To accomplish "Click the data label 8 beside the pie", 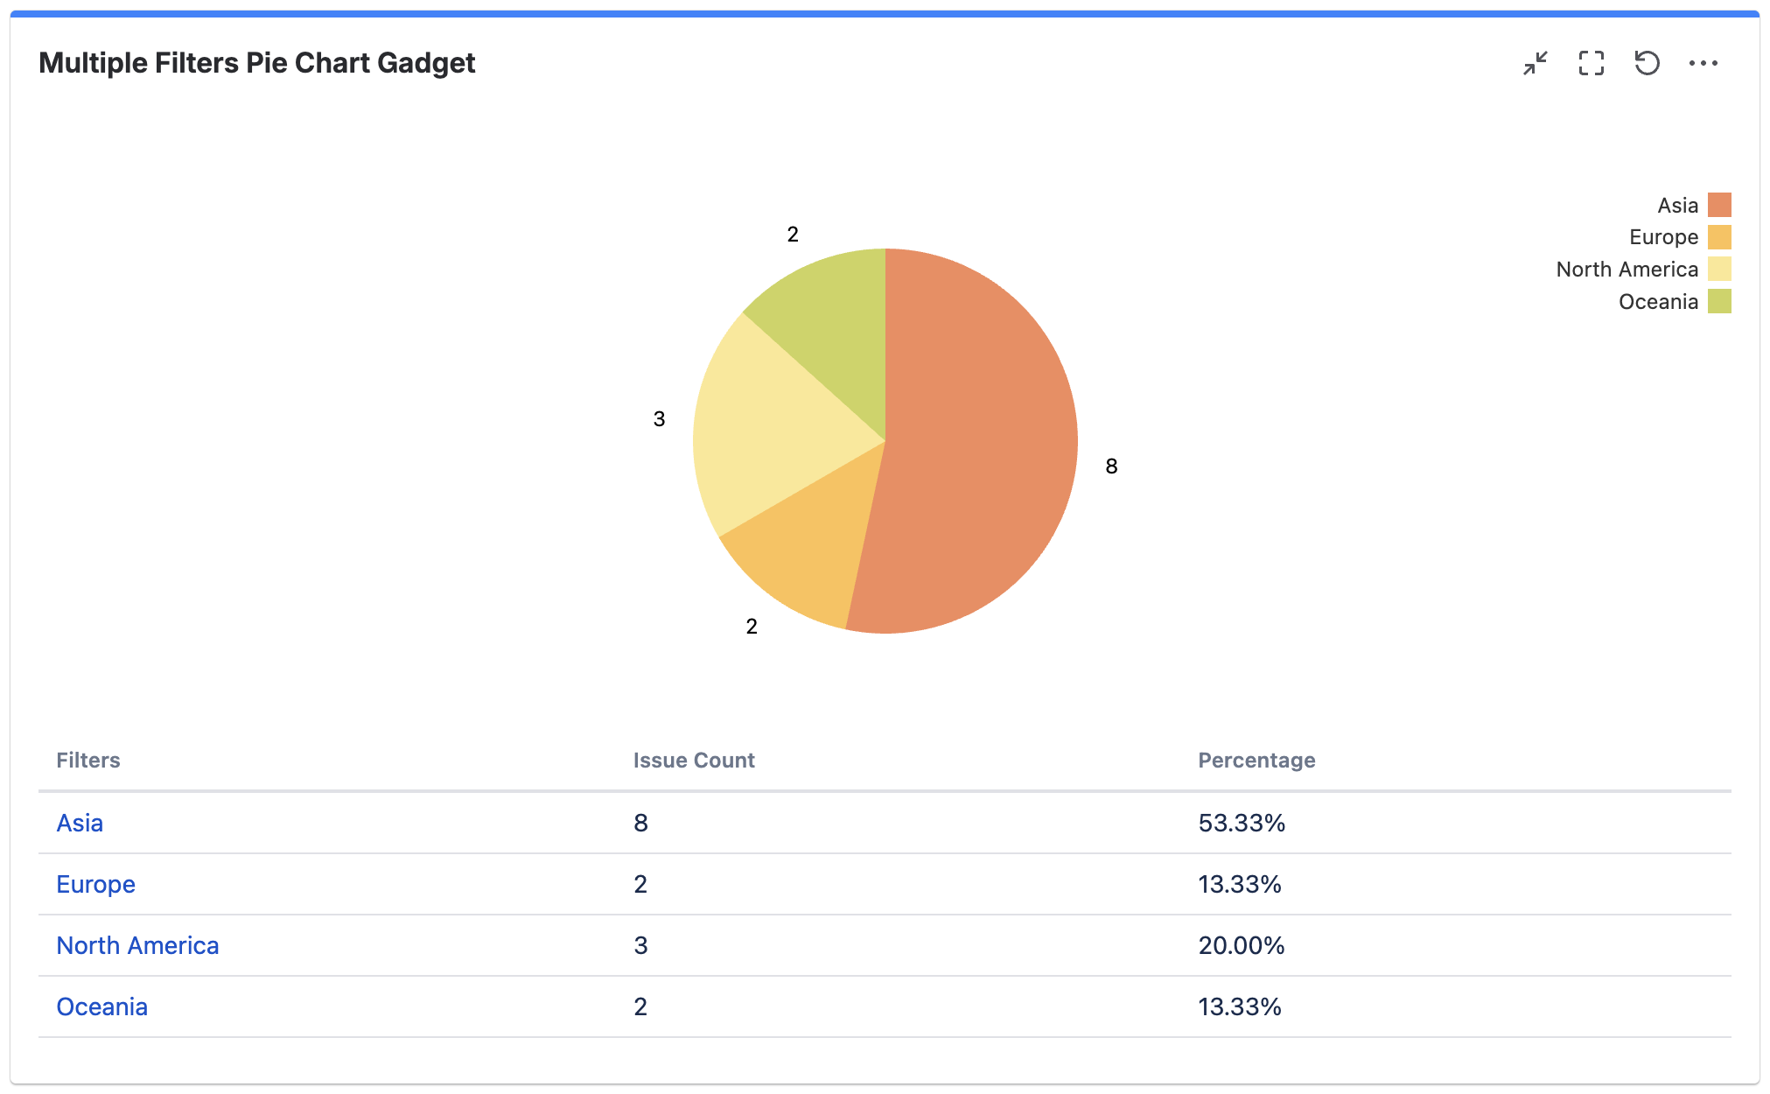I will click(x=1111, y=466).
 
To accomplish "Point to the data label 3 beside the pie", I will click(x=659, y=419).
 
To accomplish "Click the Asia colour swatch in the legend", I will click(x=1719, y=205).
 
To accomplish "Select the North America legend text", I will click(x=1627, y=270).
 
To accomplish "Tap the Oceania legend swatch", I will click(x=1719, y=301).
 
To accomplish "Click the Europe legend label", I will click(x=1662, y=237).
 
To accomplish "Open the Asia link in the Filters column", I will click(x=80, y=823).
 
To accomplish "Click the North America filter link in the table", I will click(x=137, y=945).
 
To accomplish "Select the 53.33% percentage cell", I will click(x=1241, y=823).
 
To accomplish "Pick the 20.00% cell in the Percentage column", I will click(x=1241, y=945).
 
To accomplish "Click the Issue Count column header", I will click(x=694, y=760).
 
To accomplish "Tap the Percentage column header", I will click(x=1256, y=760).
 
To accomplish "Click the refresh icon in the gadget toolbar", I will click(x=1647, y=63).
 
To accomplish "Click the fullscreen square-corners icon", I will click(x=1591, y=63).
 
